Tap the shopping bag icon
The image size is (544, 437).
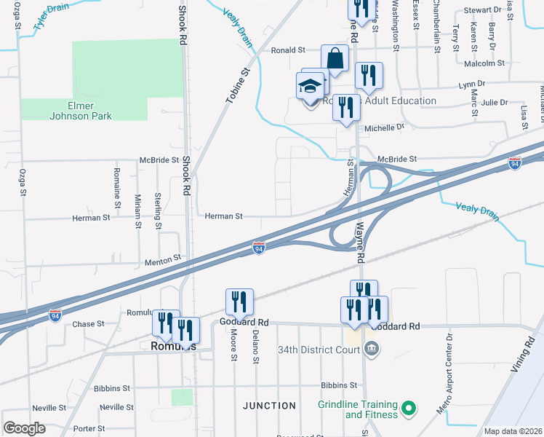point(335,59)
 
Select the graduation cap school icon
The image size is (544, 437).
point(310,88)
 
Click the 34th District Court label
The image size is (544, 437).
point(319,349)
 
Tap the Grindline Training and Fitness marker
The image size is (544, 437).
point(409,409)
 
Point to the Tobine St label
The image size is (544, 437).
point(239,82)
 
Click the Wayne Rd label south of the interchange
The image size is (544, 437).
point(359,243)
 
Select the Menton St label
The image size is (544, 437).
point(162,259)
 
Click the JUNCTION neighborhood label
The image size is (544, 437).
point(269,406)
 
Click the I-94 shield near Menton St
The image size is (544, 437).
point(258,248)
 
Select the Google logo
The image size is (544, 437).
point(24,428)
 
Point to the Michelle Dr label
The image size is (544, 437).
point(384,127)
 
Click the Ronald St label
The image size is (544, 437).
point(288,50)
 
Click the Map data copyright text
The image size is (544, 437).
point(513,431)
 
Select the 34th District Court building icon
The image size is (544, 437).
point(373,348)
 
